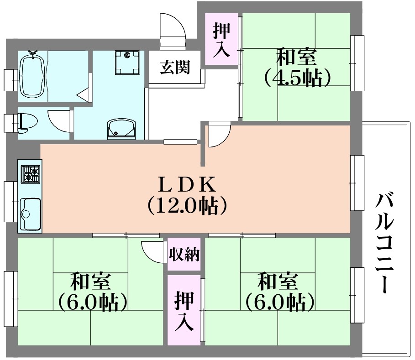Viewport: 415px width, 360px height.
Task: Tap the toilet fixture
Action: click(x=27, y=122)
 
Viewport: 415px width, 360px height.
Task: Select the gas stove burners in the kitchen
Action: click(x=31, y=174)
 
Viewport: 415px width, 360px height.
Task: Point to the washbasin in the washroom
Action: click(x=121, y=129)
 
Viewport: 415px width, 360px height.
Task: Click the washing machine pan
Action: click(x=127, y=63)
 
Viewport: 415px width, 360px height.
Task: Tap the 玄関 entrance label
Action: click(x=175, y=67)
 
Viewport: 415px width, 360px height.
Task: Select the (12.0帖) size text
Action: click(x=187, y=206)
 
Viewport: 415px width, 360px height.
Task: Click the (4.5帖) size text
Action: click(x=297, y=78)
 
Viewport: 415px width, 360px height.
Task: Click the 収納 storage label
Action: click(x=184, y=255)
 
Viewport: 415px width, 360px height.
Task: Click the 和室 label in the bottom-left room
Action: click(x=90, y=282)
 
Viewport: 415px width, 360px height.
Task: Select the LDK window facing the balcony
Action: click(x=357, y=183)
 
